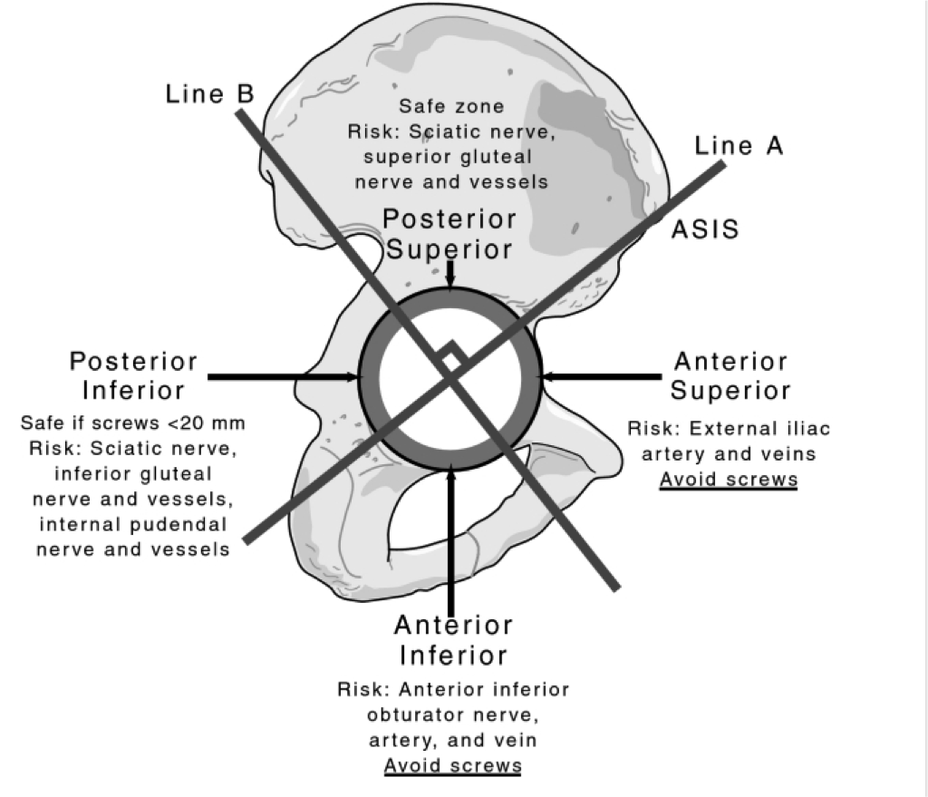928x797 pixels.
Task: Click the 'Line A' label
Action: point(739,146)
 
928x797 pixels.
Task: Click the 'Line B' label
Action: point(209,94)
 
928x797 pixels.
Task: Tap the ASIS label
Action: point(704,230)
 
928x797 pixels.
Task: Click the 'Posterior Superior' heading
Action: point(449,234)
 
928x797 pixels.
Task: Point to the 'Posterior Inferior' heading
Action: point(133,376)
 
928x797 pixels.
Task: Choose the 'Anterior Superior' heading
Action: point(730,376)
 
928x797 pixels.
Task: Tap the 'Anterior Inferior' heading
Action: point(453,639)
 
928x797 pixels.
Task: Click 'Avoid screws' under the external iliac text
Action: point(729,479)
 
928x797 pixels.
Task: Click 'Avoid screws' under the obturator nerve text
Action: point(453,765)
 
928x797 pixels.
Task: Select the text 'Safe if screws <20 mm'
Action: point(132,423)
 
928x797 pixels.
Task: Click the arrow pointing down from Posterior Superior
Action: point(450,276)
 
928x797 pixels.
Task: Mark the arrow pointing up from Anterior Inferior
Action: point(451,535)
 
